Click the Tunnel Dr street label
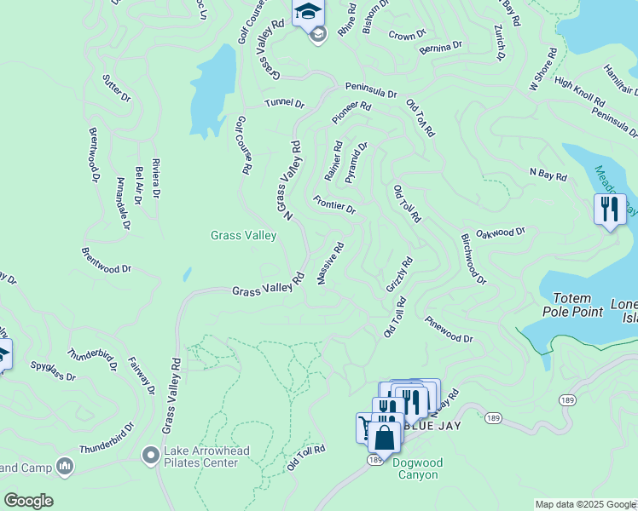click(x=284, y=103)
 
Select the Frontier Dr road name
click(x=333, y=204)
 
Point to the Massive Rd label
click(x=331, y=264)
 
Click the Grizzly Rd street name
click(x=399, y=274)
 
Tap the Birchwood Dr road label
click(x=473, y=260)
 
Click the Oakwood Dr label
click(x=501, y=233)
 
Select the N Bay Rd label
click(x=548, y=175)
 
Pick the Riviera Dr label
click(x=155, y=178)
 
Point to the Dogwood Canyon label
click(x=415, y=468)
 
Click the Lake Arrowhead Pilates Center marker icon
click(x=152, y=456)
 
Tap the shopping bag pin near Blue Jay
click(x=385, y=439)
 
